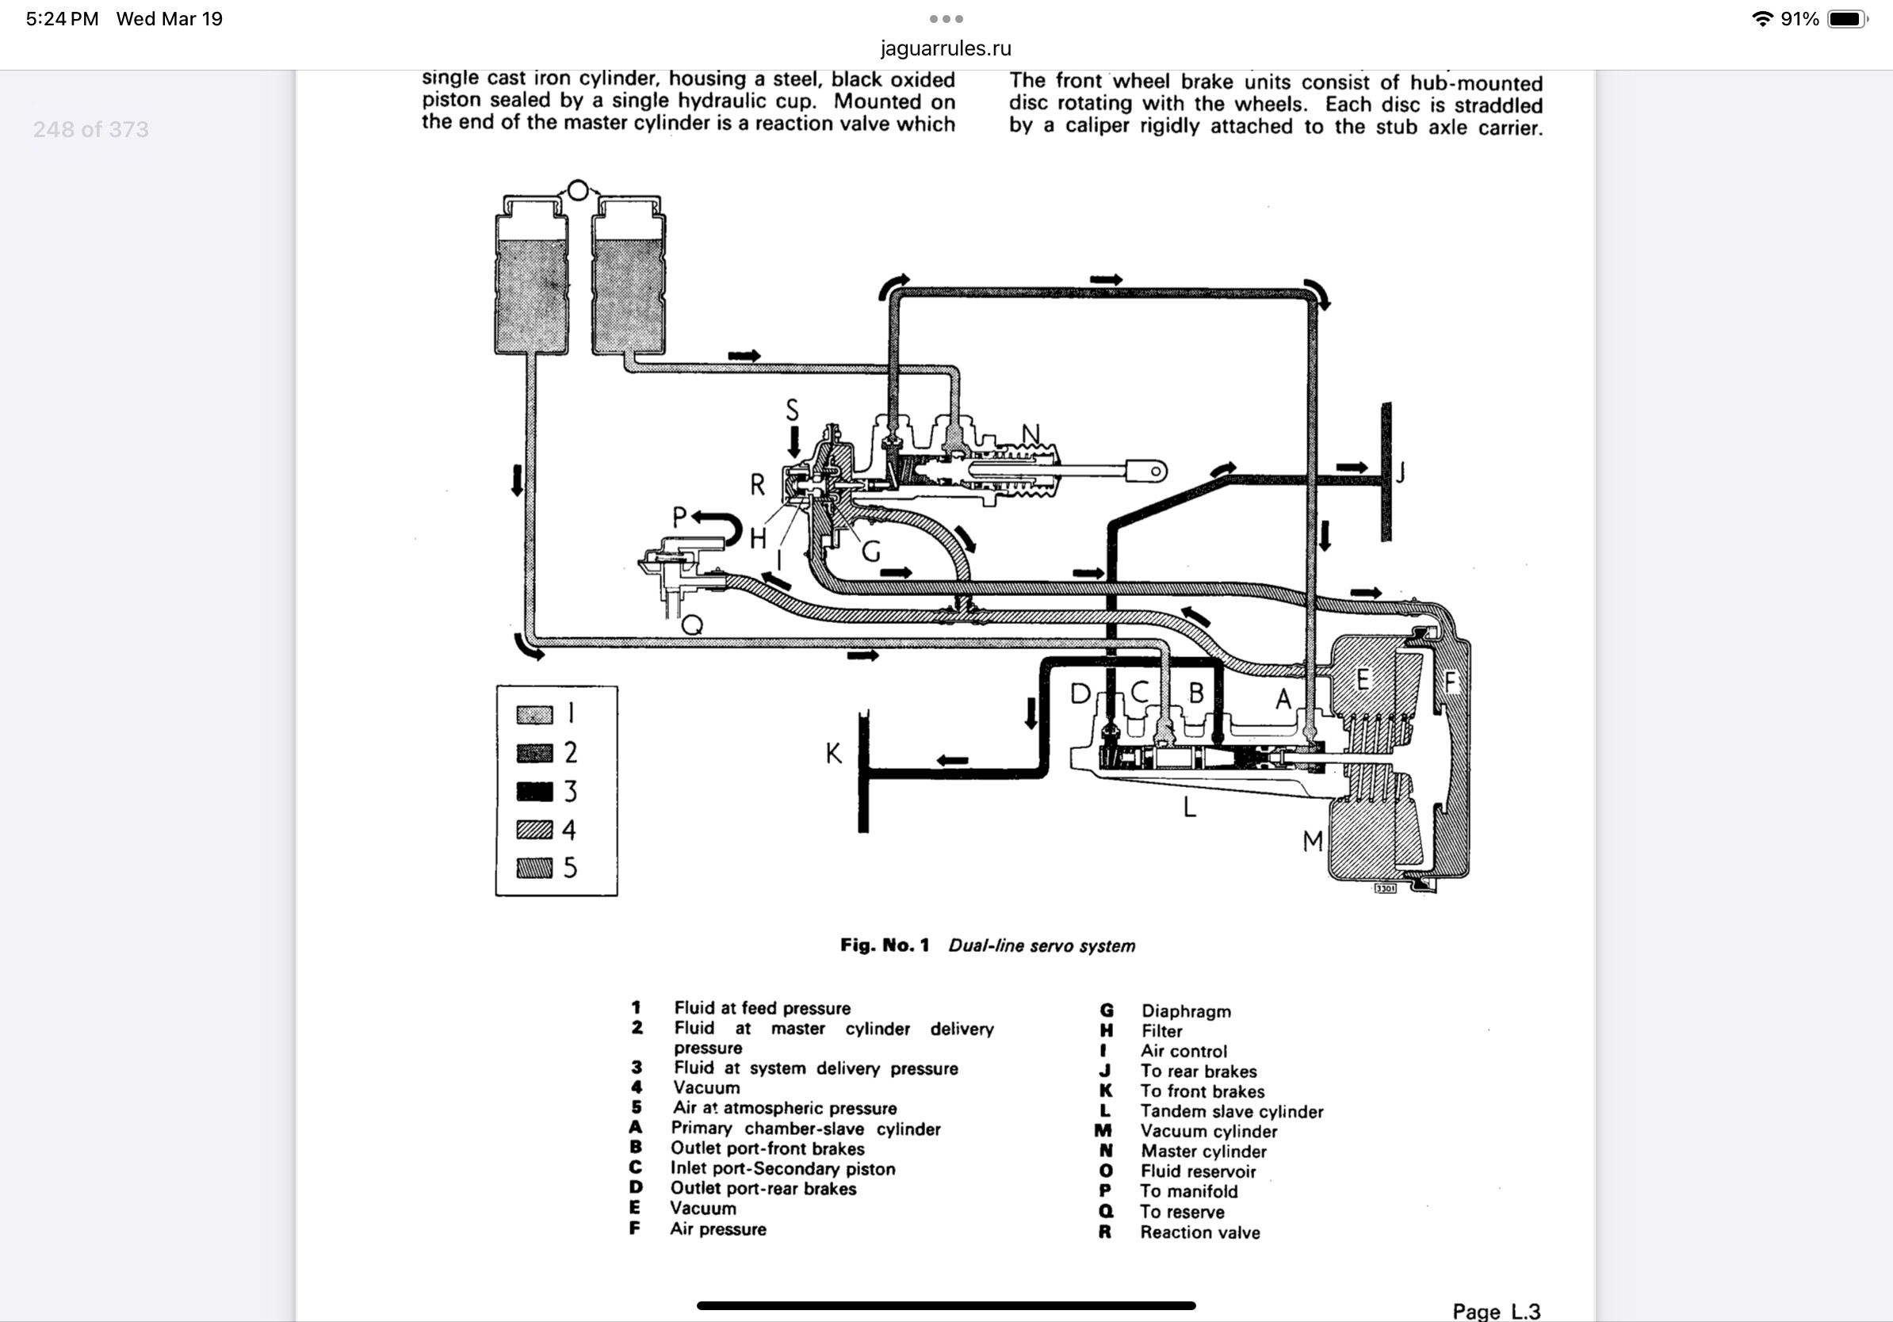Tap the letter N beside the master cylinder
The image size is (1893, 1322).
(1031, 434)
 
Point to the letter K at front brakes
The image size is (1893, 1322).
(834, 753)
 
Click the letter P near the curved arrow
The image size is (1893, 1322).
(679, 517)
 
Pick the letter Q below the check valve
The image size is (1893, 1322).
(693, 625)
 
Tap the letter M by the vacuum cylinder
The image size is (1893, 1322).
(1313, 842)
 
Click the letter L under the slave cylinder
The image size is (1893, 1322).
(1189, 807)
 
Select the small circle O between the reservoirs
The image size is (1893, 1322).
(578, 190)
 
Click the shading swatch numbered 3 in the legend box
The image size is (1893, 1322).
(534, 791)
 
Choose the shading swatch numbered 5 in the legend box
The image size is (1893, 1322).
(534, 868)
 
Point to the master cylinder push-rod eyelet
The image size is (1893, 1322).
(1154, 472)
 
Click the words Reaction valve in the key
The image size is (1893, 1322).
(1199, 1232)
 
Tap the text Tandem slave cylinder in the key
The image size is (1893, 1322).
(1232, 1112)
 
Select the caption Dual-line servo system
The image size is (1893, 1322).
(1042, 946)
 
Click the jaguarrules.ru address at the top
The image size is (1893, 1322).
(946, 48)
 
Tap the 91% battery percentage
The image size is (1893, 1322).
(1799, 19)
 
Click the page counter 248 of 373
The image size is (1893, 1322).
(90, 129)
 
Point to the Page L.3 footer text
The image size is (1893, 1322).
(1496, 1310)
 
